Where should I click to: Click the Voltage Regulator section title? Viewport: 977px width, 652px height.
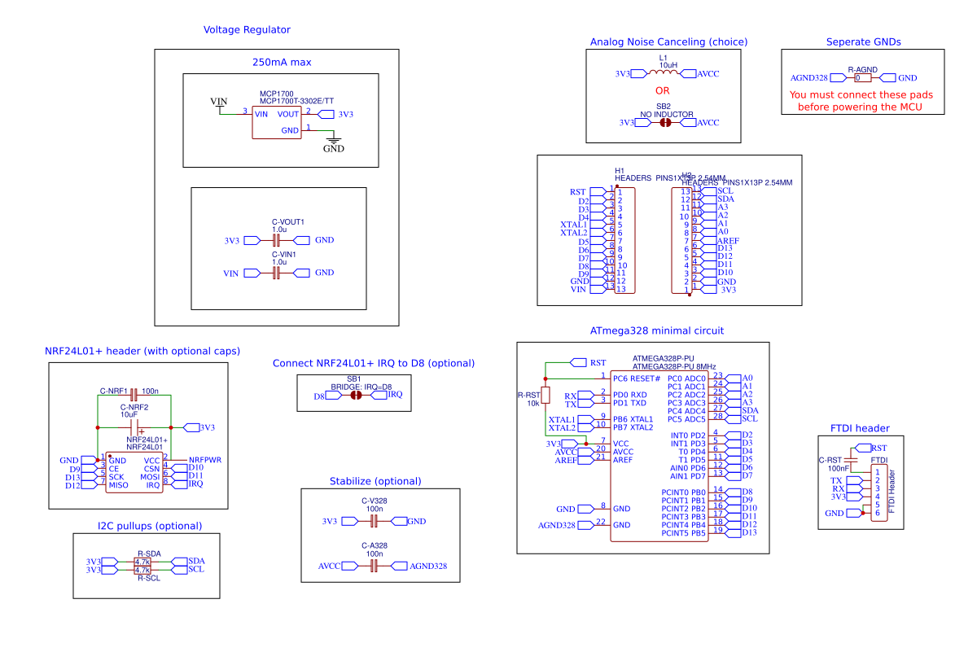pos(247,30)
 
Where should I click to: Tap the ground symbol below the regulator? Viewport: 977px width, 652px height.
pos(333,143)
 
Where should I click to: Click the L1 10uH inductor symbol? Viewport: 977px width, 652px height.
pos(663,73)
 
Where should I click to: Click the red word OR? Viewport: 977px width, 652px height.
pos(662,91)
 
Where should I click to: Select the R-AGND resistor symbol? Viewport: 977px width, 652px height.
pos(862,78)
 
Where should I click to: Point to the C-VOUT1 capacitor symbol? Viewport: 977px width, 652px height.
pos(276,240)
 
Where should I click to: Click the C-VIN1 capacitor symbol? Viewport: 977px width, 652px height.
pos(276,273)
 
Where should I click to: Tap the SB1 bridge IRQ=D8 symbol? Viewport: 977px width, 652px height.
pos(355,396)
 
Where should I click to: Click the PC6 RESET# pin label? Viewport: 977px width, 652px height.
pos(636,379)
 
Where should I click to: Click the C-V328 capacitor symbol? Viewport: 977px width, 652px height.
pos(375,521)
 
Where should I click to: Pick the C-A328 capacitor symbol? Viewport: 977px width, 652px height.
pos(375,565)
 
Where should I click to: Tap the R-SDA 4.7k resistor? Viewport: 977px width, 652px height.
pos(142,562)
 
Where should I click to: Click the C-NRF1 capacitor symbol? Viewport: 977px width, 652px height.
pos(134,395)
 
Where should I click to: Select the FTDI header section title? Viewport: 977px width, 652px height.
pos(860,428)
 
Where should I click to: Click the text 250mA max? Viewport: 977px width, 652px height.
pos(282,62)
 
